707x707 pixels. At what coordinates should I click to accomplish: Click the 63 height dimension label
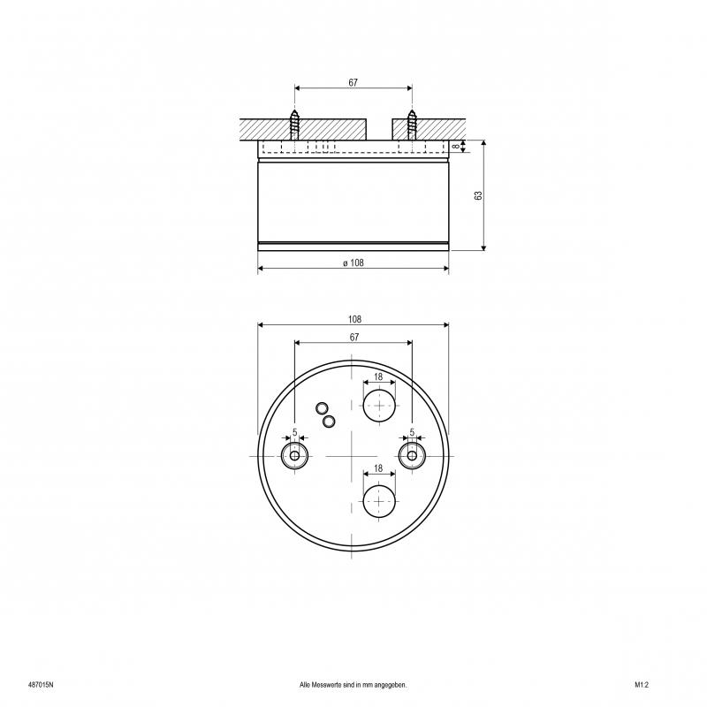(x=478, y=195)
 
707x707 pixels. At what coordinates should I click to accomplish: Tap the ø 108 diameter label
(x=353, y=262)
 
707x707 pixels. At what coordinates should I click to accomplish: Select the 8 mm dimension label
(x=456, y=146)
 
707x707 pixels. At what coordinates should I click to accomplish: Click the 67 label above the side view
(x=353, y=82)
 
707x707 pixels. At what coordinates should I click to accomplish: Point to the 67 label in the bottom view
(x=354, y=338)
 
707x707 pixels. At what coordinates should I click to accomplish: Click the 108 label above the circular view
(x=355, y=319)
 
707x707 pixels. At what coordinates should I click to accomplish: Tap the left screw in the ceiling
(x=294, y=125)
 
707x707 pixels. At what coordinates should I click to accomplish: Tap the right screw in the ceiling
(x=412, y=125)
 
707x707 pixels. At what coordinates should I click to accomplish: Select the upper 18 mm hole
(x=379, y=406)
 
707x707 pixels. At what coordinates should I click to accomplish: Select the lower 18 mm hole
(x=379, y=501)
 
